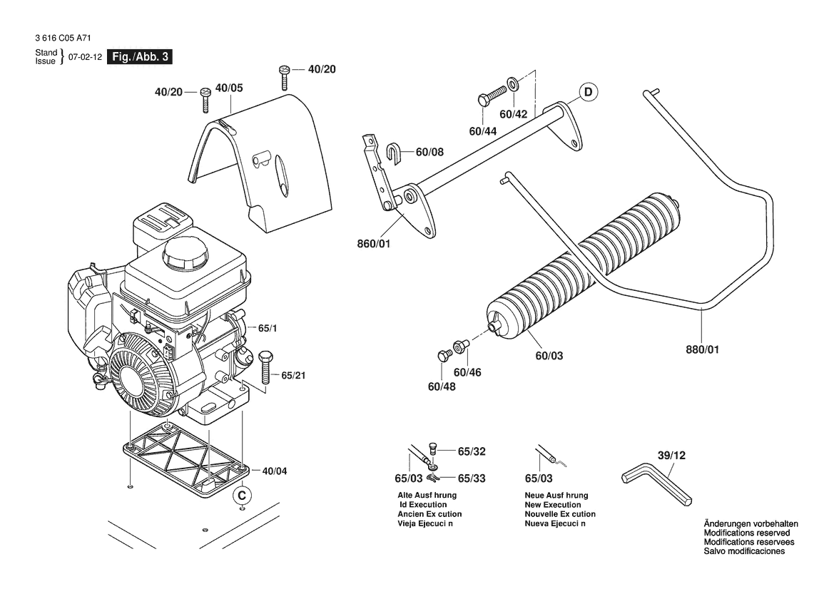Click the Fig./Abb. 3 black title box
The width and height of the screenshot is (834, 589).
tap(138, 57)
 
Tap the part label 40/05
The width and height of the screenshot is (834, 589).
tap(228, 88)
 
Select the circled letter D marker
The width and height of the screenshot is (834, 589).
tap(589, 93)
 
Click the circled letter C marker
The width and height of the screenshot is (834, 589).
tap(242, 493)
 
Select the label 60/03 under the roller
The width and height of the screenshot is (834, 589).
tap(549, 354)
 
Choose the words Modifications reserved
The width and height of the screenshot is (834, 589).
tap(746, 533)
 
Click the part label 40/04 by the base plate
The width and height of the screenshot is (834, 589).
tap(275, 471)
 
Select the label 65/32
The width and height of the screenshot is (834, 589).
tap(472, 451)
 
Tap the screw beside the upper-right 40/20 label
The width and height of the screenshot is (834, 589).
tap(285, 76)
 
